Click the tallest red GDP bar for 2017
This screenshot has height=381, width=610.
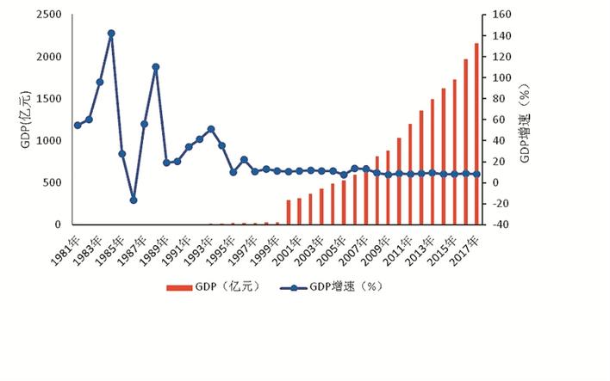click(x=476, y=133)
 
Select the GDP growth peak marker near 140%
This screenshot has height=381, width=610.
click(x=111, y=34)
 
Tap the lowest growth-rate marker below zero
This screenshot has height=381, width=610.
click(x=134, y=200)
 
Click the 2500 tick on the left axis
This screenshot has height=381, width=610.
click(x=49, y=15)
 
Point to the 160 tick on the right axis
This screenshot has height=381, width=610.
click(x=499, y=15)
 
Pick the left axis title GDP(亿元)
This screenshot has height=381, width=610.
click(x=25, y=119)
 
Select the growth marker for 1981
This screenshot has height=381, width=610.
click(x=78, y=125)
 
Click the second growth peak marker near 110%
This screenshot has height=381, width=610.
click(x=156, y=66)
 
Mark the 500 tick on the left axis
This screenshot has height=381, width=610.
click(x=52, y=182)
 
